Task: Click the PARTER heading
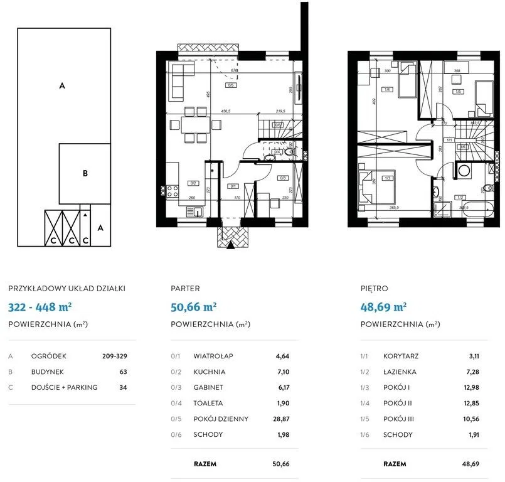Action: pyautogui.click(x=186, y=289)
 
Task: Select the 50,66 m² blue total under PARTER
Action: pyautogui.click(x=194, y=307)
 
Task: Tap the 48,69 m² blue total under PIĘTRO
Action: pyautogui.click(x=384, y=307)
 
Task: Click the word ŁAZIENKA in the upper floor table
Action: pyautogui.click(x=400, y=372)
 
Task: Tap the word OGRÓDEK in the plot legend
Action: pyautogui.click(x=49, y=356)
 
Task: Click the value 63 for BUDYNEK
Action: pyautogui.click(x=123, y=372)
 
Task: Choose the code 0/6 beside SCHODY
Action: pyautogui.click(x=176, y=434)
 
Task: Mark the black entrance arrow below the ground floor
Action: pyautogui.click(x=231, y=245)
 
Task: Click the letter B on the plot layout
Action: pyautogui.click(x=85, y=174)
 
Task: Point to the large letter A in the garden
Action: pyautogui.click(x=62, y=86)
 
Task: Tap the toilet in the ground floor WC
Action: pyautogui.click(x=290, y=151)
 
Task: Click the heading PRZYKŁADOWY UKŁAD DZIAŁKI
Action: pyautogui.click(x=66, y=289)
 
